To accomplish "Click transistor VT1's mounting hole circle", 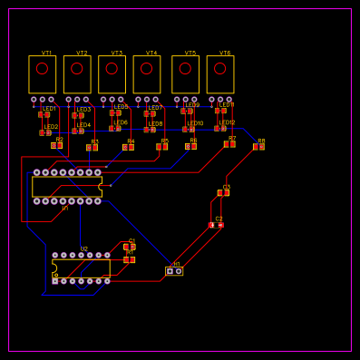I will coord(42,68).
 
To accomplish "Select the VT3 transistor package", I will coord(112,74).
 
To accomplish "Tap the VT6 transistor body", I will coord(220,74).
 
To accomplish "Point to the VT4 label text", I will coord(151,54).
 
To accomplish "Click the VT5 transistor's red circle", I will coord(185,68).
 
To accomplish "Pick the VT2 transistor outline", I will coord(77,74).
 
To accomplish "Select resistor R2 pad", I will coord(56,145).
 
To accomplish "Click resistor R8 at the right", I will coord(258,146).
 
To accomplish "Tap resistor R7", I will coord(229,143).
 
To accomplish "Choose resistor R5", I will coord(161,146).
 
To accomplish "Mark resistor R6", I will coord(190,145).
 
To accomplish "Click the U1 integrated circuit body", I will coord(66,187).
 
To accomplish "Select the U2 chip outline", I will coord(81,268).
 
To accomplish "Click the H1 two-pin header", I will coord(174,270).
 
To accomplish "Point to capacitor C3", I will coord(224,192).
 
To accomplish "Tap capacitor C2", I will coord(217,224).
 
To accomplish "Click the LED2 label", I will coord(51,127).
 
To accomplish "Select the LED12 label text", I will coord(227,122).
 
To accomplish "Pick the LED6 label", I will coord(121,122).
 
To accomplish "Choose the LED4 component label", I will coord(83,125).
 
